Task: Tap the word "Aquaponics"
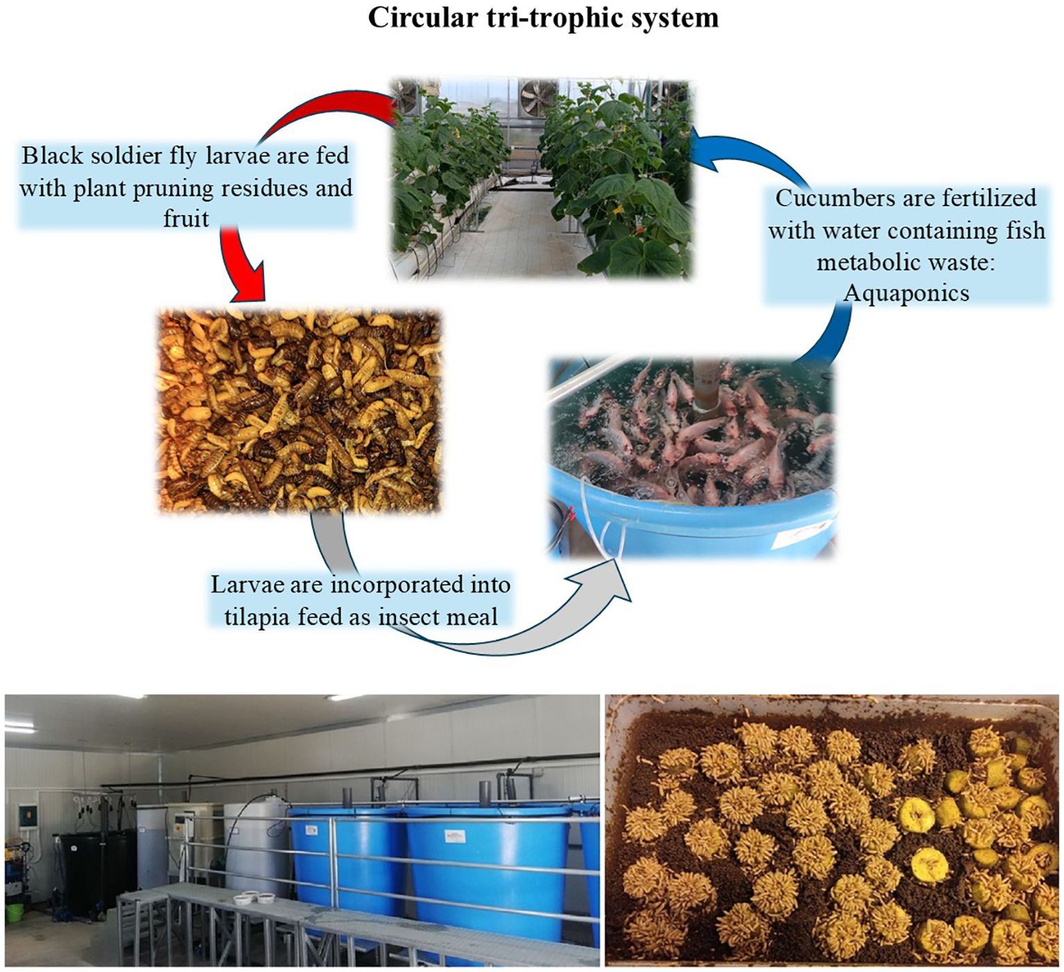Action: pos(906,293)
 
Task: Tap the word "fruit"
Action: pos(185,219)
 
